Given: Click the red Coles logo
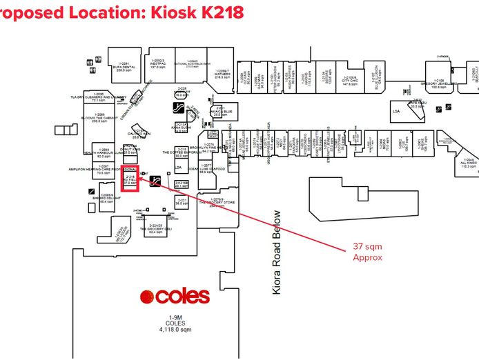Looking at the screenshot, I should pyautogui.click(x=174, y=297).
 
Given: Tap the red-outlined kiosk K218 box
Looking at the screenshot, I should pyautogui.click(x=130, y=179).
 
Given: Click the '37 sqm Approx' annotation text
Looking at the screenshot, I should pyautogui.click(x=367, y=251).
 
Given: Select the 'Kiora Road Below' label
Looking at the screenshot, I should pyautogui.click(x=277, y=252).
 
